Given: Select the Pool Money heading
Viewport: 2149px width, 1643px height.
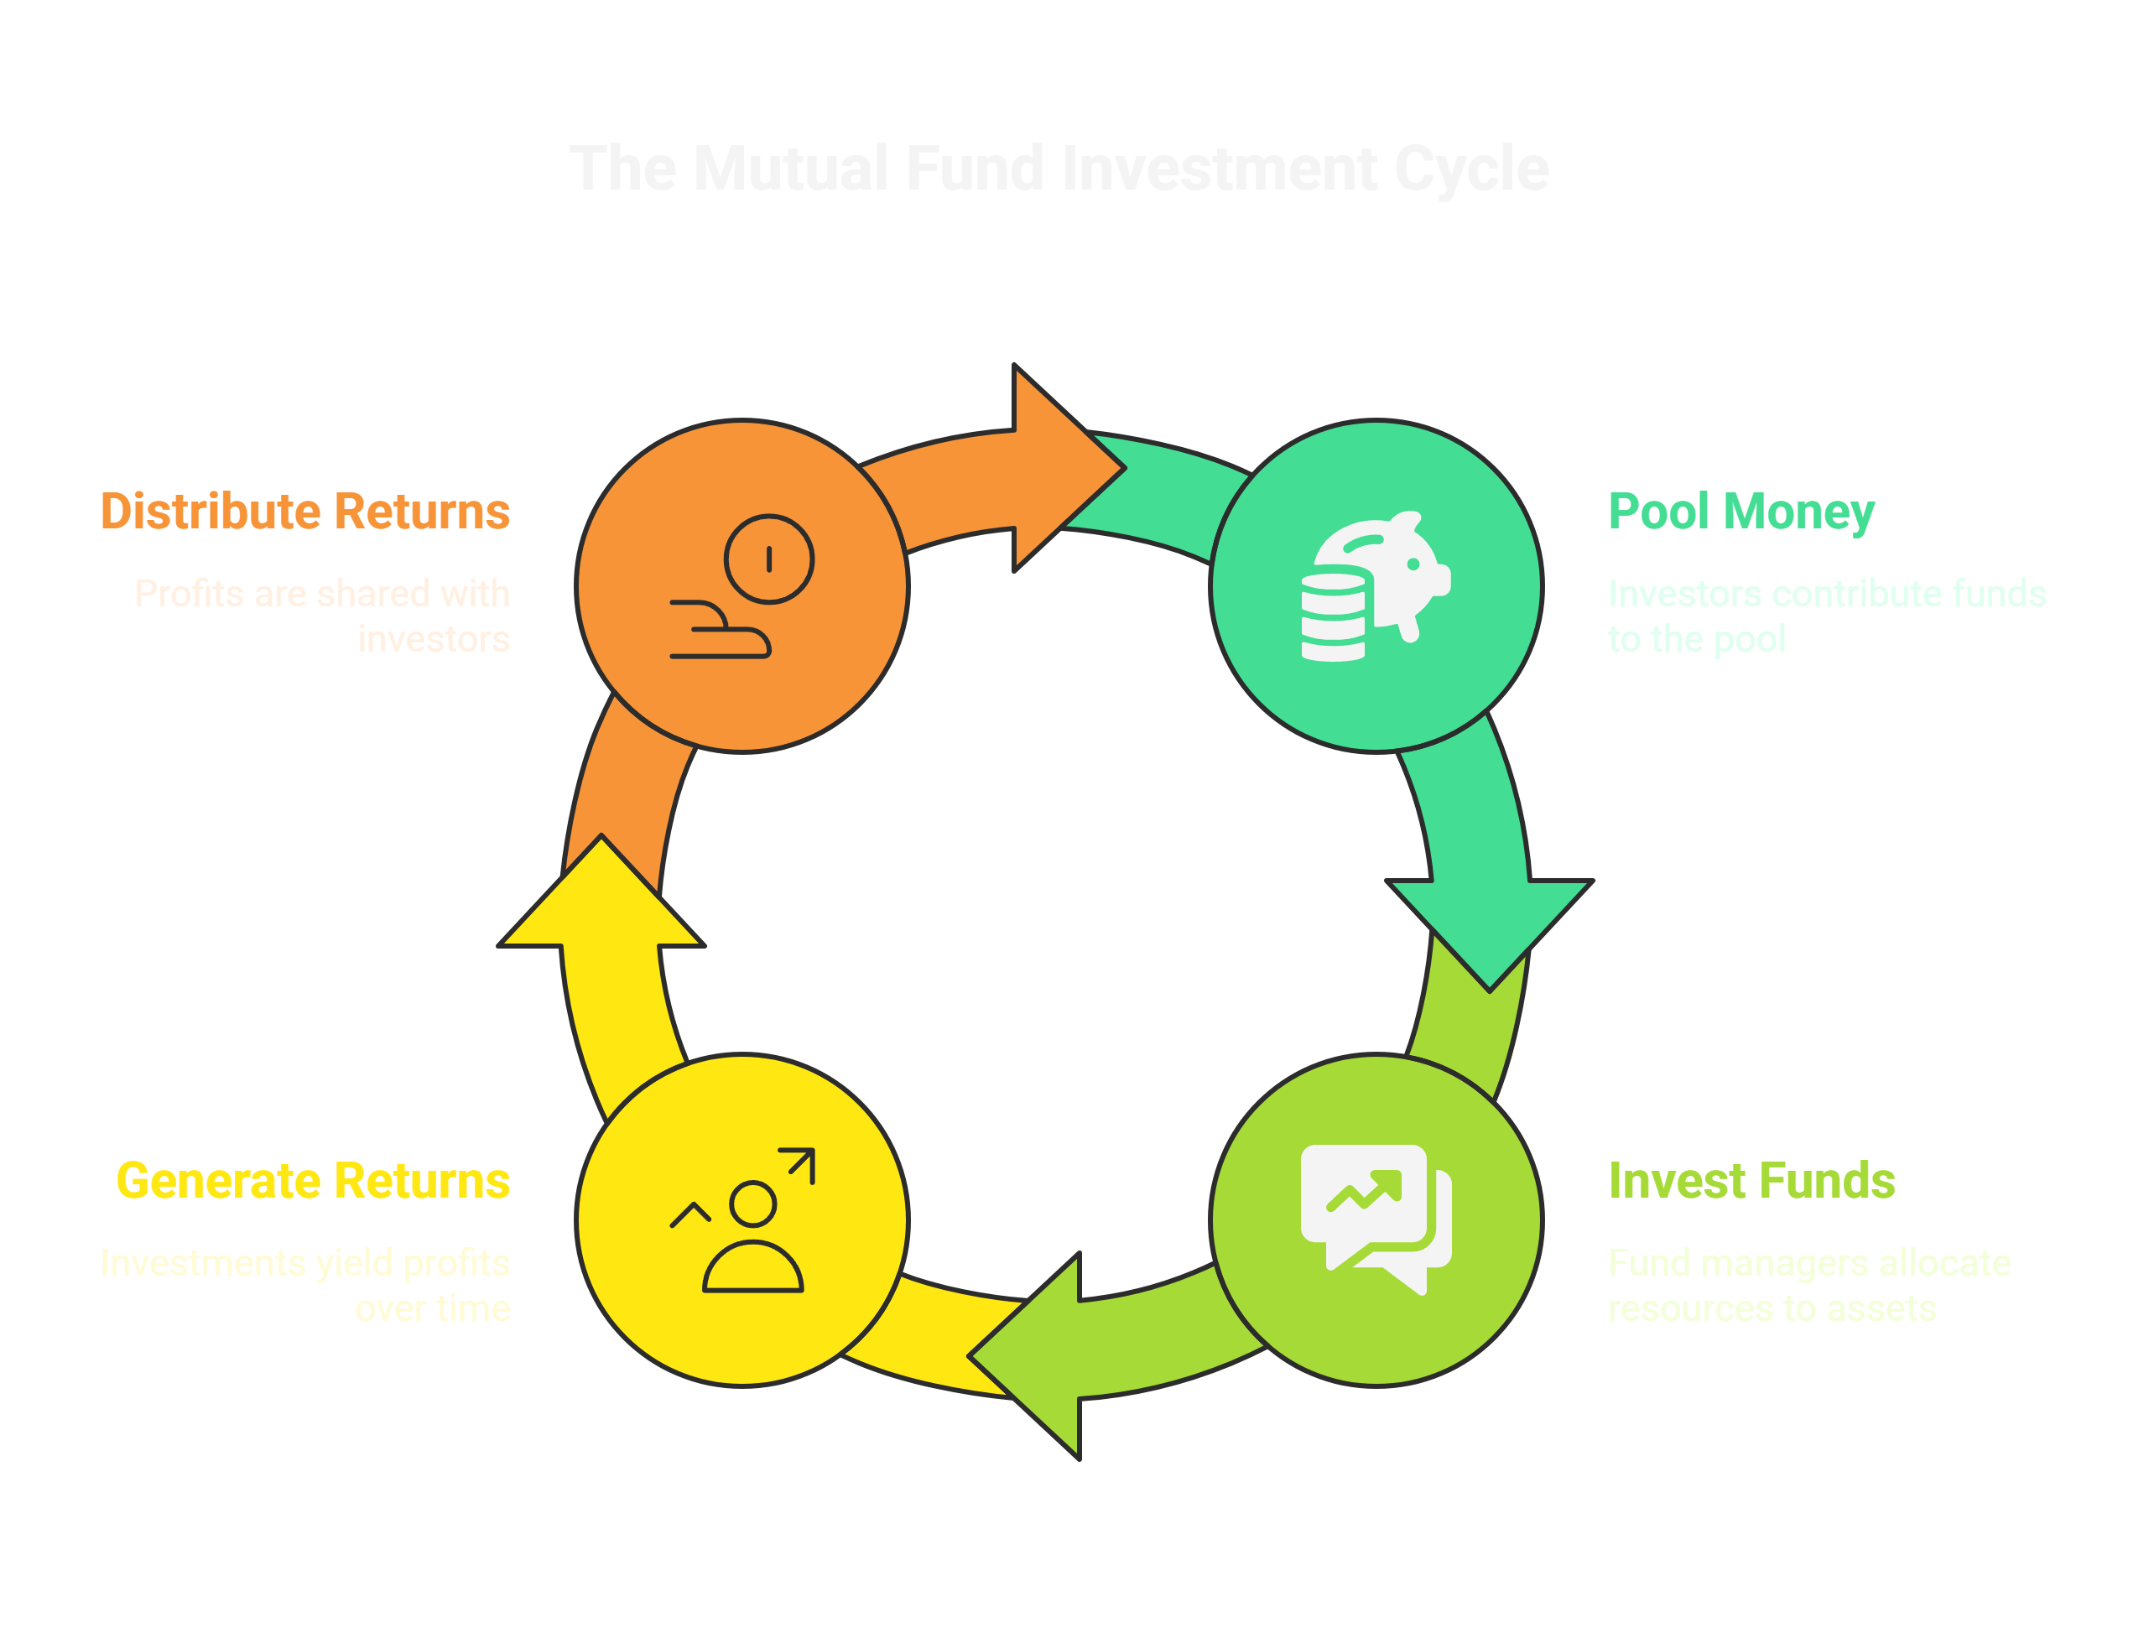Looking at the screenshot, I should [1741, 512].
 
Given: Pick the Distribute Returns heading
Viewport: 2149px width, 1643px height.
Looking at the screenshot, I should [307, 512].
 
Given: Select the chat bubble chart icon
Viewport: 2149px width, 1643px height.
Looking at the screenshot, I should [1376, 1218].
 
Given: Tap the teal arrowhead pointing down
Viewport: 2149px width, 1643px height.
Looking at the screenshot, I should [1490, 929].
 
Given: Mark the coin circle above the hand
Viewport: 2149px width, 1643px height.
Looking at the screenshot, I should [769, 559].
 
